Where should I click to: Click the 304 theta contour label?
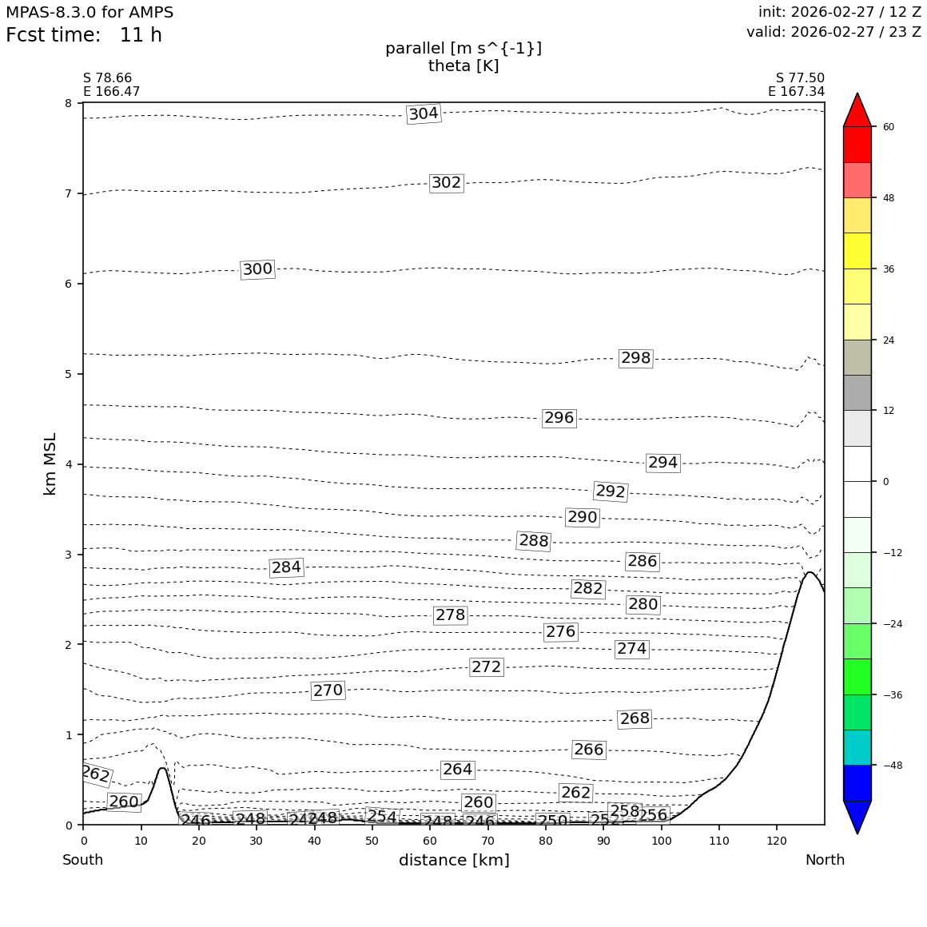(424, 113)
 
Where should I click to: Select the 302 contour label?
(446, 183)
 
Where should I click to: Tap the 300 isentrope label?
(257, 269)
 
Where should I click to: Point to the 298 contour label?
(635, 358)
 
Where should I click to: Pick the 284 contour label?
(286, 567)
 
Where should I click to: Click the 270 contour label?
(328, 690)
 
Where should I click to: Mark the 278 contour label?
(450, 615)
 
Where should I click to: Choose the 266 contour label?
(588, 750)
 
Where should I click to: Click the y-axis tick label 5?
(68, 374)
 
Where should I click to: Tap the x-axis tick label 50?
(372, 841)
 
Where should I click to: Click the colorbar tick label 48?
(888, 198)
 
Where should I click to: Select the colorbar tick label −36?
(891, 695)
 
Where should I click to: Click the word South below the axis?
(83, 861)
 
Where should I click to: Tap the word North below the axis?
(825, 861)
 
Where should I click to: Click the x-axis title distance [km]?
(454, 861)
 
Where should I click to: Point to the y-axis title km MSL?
(50, 463)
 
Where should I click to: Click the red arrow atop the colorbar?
(857, 110)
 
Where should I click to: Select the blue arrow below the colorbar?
(857, 817)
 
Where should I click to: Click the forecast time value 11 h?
(141, 36)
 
